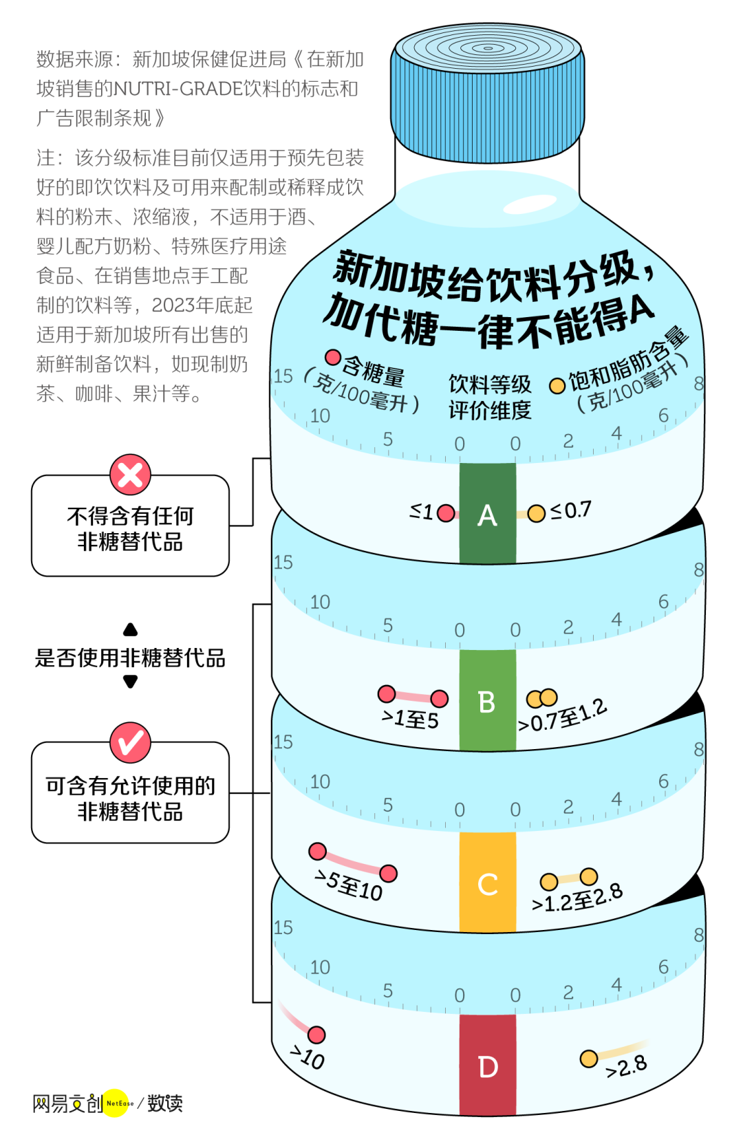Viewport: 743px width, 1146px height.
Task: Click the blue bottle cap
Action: [x=487, y=96]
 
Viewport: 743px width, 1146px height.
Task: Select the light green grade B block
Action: [x=487, y=700]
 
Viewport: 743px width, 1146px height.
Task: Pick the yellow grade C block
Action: [x=487, y=883]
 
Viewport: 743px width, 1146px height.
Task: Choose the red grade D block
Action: [x=487, y=1065]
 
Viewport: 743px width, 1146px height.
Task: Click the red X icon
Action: [x=130, y=475]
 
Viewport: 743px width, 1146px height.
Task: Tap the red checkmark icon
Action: [x=130, y=742]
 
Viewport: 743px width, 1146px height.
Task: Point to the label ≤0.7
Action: [x=571, y=510]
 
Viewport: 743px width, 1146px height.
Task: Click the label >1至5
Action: [x=411, y=720]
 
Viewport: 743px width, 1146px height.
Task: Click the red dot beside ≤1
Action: [x=446, y=513]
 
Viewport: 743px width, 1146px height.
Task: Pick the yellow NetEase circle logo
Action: [x=117, y=1103]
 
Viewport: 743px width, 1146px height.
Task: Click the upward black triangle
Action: [x=130, y=630]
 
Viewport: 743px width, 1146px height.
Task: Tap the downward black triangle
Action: [x=130, y=682]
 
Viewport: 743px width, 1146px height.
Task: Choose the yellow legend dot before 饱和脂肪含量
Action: [x=557, y=386]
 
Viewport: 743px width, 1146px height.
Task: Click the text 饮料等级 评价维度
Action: [x=489, y=397]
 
